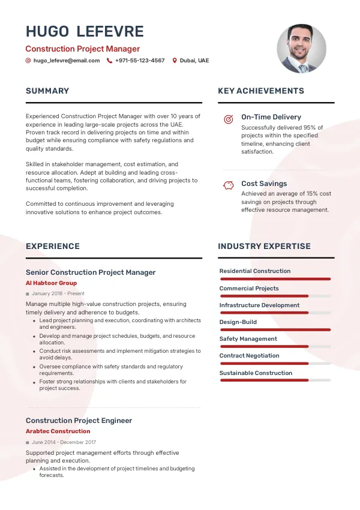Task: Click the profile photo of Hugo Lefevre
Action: [301, 49]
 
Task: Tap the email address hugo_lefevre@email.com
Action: [67, 61]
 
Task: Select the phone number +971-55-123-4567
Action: [140, 61]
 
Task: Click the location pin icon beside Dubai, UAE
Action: [175, 61]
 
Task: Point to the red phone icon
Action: [109, 61]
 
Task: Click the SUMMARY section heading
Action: [47, 91]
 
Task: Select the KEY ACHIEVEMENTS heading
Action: [261, 91]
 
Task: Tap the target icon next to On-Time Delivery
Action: [228, 119]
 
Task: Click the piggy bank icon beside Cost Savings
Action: [228, 185]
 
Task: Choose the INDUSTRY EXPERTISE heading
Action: [264, 246]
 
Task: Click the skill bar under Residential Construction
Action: [275, 279]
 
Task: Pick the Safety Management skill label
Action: [248, 339]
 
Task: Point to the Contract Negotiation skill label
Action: [249, 356]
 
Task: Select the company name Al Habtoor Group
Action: [51, 283]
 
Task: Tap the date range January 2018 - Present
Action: [58, 293]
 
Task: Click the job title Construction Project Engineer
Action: [79, 421]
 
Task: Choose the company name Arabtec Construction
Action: [58, 431]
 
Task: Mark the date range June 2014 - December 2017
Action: [64, 442]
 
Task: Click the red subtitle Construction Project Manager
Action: [82, 49]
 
